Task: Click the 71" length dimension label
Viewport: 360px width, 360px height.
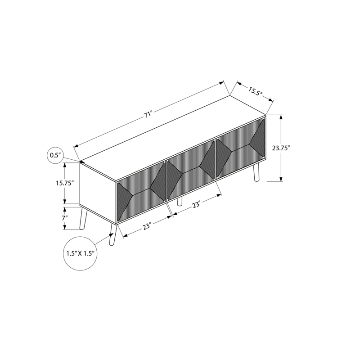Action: (x=148, y=115)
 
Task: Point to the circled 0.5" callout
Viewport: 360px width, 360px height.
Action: (x=55, y=156)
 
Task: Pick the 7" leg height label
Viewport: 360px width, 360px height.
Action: (x=64, y=218)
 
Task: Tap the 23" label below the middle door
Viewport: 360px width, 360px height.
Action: (x=196, y=205)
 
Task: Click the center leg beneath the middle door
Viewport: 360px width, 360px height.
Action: (x=180, y=201)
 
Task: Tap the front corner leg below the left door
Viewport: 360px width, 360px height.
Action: (x=112, y=234)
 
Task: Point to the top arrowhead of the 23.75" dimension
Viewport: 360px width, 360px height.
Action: (x=281, y=117)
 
